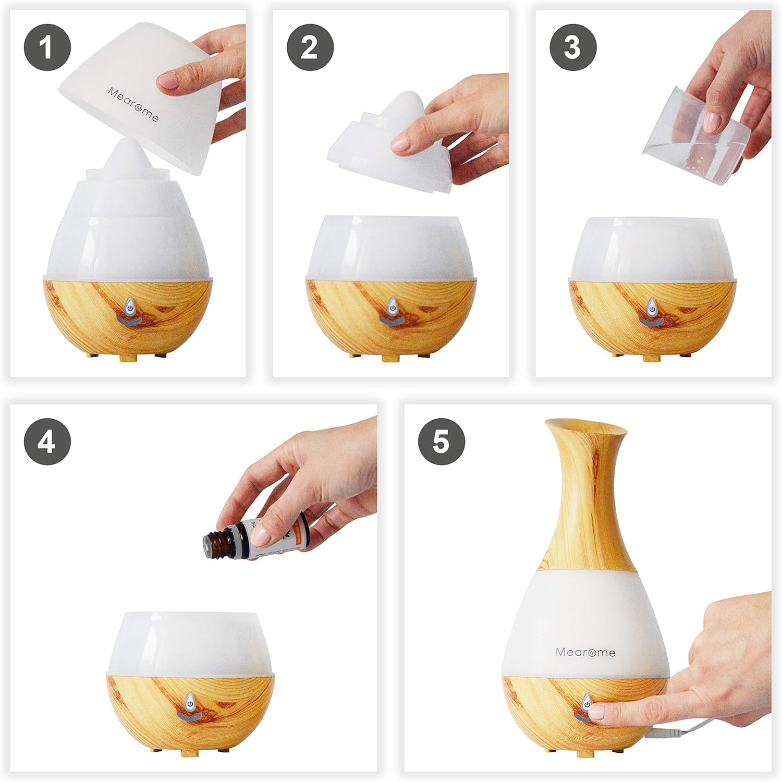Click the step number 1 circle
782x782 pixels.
coord(47,48)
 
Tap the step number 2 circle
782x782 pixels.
coord(310,48)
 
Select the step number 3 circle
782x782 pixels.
coord(572,48)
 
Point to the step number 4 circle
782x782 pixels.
coord(47,443)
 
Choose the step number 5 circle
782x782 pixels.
coord(441,443)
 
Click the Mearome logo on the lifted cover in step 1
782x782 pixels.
coord(133,104)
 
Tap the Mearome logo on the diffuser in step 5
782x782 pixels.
coord(585,652)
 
